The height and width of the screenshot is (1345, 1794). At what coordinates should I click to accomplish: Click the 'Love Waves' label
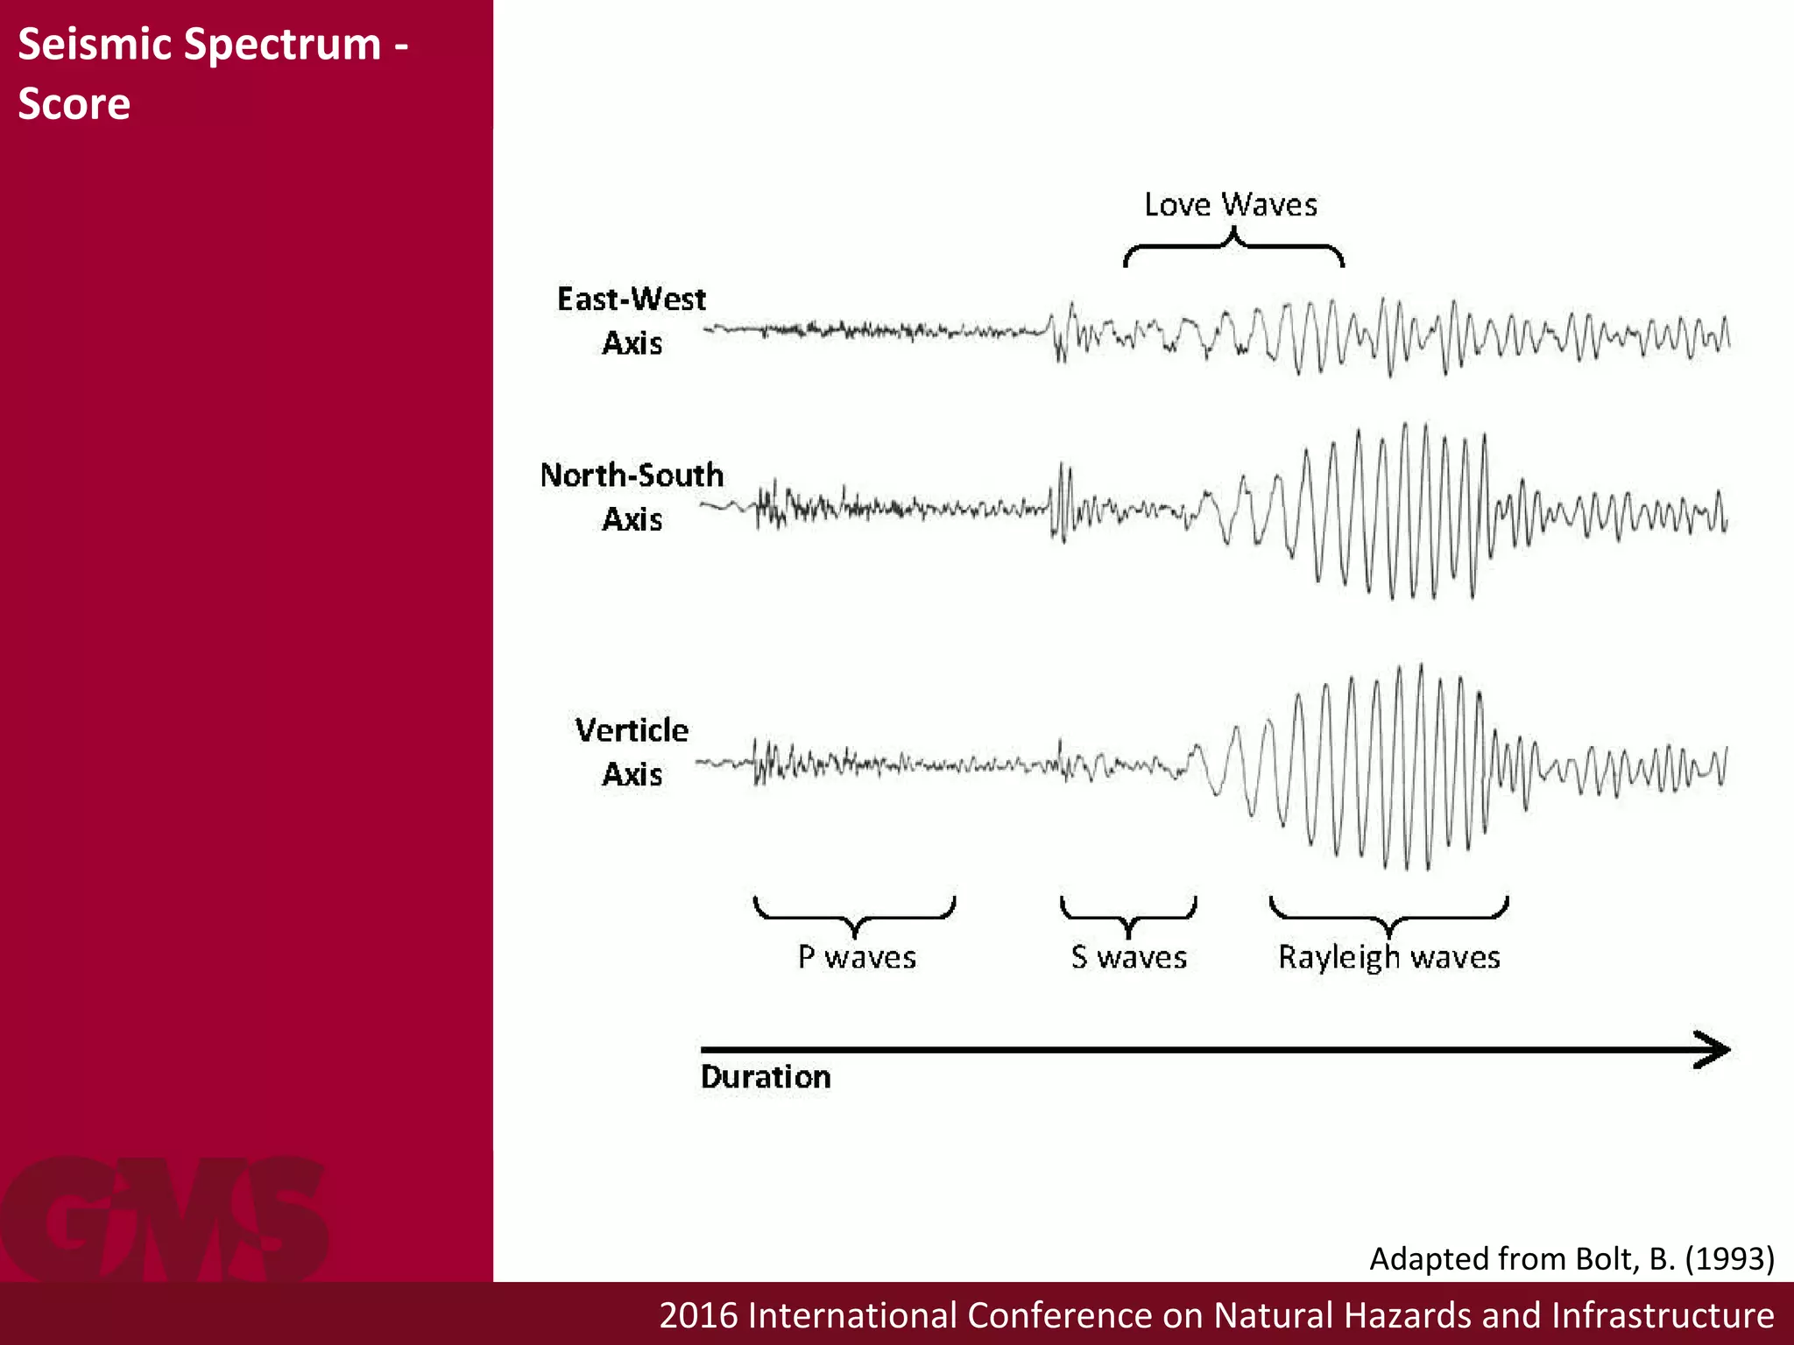click(1230, 205)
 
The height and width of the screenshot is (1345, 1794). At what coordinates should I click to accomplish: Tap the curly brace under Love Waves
click(1233, 247)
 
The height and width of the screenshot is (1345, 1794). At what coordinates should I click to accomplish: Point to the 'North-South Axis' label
click(632, 496)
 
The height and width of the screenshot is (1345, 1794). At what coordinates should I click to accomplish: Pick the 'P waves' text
click(857, 957)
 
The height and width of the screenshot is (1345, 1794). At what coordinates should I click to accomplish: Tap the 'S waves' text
click(1128, 957)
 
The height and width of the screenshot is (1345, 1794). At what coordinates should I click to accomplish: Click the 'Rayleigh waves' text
click(1388, 957)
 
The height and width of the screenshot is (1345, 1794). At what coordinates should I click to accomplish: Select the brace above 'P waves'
click(855, 915)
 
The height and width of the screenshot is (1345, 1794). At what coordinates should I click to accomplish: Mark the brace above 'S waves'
click(1128, 915)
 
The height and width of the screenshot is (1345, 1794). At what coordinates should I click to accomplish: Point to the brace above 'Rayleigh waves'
click(1388, 915)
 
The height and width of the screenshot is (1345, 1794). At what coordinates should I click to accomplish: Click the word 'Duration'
click(766, 1077)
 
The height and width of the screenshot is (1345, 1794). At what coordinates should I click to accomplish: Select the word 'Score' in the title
click(74, 103)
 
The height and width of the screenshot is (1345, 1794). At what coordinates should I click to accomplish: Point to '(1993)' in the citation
click(1729, 1258)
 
